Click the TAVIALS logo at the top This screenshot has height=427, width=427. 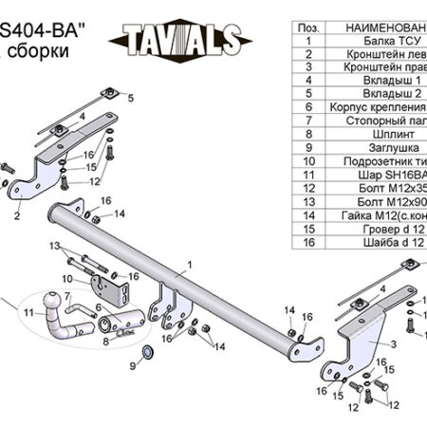click(x=181, y=39)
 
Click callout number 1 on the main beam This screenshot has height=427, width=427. click(x=189, y=266)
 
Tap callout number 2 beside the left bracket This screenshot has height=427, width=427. click(x=17, y=216)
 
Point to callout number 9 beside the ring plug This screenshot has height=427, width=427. click(x=132, y=366)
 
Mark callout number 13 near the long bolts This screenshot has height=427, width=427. click(x=55, y=245)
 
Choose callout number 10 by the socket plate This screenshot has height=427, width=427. click(x=67, y=278)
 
